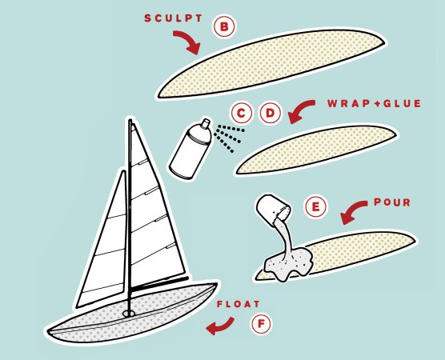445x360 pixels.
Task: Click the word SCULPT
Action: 173,18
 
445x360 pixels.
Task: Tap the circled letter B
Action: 224,27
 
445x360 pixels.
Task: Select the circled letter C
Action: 241,114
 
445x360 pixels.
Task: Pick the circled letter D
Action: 271,114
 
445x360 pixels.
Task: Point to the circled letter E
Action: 315,206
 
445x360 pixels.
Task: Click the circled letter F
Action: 261,323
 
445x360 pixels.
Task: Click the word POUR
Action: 392,202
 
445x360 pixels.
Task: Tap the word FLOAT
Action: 239,304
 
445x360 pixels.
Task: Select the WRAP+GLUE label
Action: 374,103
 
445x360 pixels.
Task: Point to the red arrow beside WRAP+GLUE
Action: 300,110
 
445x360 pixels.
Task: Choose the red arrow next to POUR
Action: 352,210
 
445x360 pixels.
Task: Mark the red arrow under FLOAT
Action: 221,327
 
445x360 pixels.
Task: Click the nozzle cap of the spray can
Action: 206,122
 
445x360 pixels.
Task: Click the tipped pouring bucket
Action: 273,208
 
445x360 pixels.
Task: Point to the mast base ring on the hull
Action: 129,314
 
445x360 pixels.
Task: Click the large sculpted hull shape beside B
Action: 271,64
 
